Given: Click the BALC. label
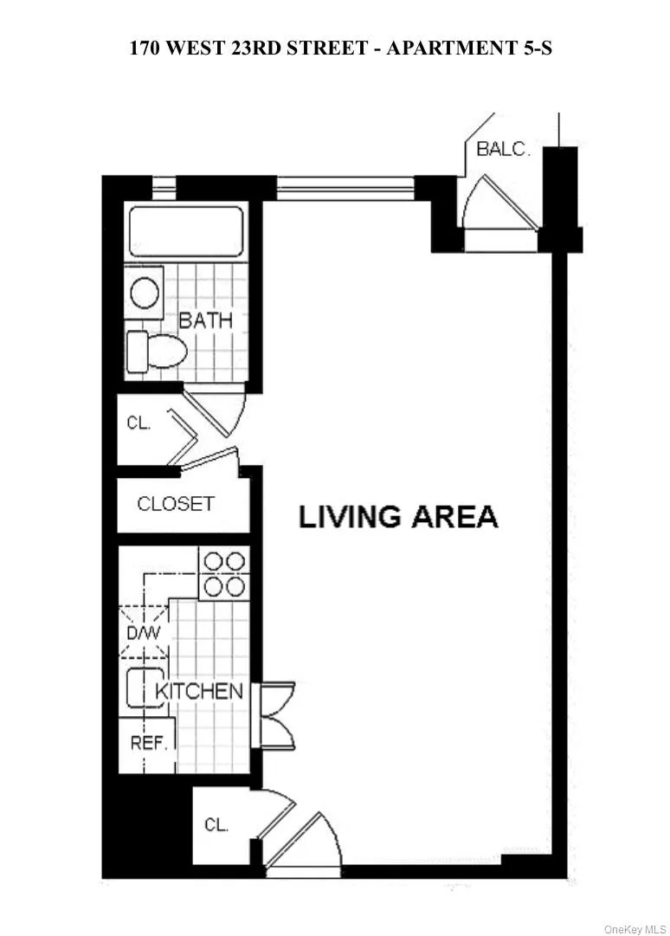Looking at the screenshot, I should [x=503, y=148].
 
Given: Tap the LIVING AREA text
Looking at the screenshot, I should [x=398, y=516].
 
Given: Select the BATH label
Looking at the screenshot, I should [x=205, y=320].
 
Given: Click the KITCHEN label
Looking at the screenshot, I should [x=199, y=691].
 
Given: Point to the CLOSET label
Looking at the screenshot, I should [x=176, y=503].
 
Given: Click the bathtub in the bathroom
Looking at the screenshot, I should [x=185, y=230].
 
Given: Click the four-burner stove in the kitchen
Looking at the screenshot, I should [x=223, y=573].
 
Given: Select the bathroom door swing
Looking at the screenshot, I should [x=222, y=411].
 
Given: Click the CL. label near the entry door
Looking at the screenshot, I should [x=216, y=824].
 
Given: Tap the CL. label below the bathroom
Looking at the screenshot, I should [x=139, y=424].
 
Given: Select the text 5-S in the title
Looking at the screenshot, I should [x=533, y=48].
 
